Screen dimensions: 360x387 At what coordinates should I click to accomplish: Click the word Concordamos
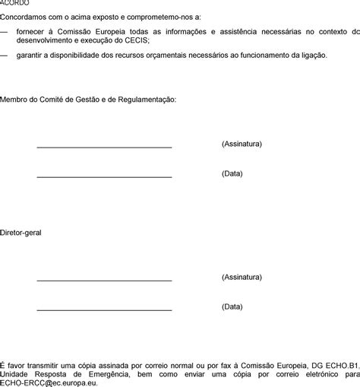tap(24, 17)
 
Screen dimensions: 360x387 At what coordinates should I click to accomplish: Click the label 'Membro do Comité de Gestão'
tap(88, 100)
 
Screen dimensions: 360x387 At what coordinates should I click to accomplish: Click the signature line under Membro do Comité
tap(104, 146)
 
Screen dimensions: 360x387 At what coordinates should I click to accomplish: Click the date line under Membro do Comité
tap(104, 176)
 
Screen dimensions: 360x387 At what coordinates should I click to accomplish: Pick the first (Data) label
tap(232, 173)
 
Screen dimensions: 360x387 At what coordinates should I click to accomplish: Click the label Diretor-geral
tap(21, 232)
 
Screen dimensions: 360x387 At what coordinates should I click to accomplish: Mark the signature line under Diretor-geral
tap(104, 280)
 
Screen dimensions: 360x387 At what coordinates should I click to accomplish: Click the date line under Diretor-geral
tap(104, 309)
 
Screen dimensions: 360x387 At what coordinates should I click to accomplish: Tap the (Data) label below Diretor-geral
tap(232, 306)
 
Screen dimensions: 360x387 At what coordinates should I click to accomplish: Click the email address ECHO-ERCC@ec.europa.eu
tap(49, 382)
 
